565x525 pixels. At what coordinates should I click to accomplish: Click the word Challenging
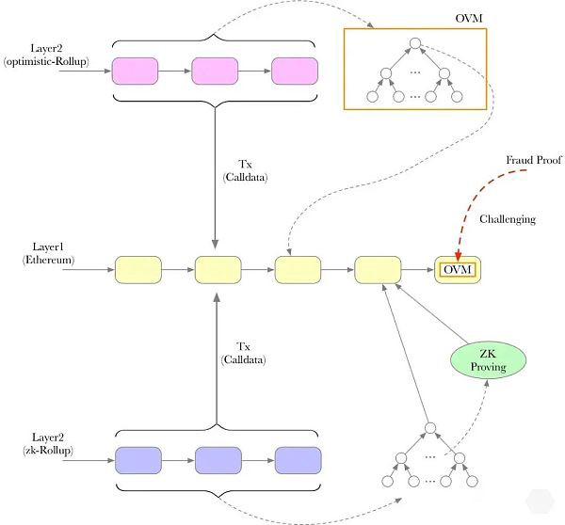[508, 219]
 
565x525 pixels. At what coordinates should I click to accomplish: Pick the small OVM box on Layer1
[457, 271]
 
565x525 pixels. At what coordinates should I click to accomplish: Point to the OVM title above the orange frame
[469, 19]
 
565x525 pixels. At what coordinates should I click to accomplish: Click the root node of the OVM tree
[413, 43]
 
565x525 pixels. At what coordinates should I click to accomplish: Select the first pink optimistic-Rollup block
[137, 71]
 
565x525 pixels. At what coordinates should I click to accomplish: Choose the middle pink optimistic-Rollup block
[217, 71]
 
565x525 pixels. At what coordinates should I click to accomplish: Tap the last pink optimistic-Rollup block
[297, 71]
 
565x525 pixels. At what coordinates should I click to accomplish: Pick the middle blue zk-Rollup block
[219, 460]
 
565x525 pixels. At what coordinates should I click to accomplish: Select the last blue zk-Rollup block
[299, 460]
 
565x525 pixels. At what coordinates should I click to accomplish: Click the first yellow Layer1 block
[138, 270]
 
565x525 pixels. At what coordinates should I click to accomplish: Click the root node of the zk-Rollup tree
[428, 429]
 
